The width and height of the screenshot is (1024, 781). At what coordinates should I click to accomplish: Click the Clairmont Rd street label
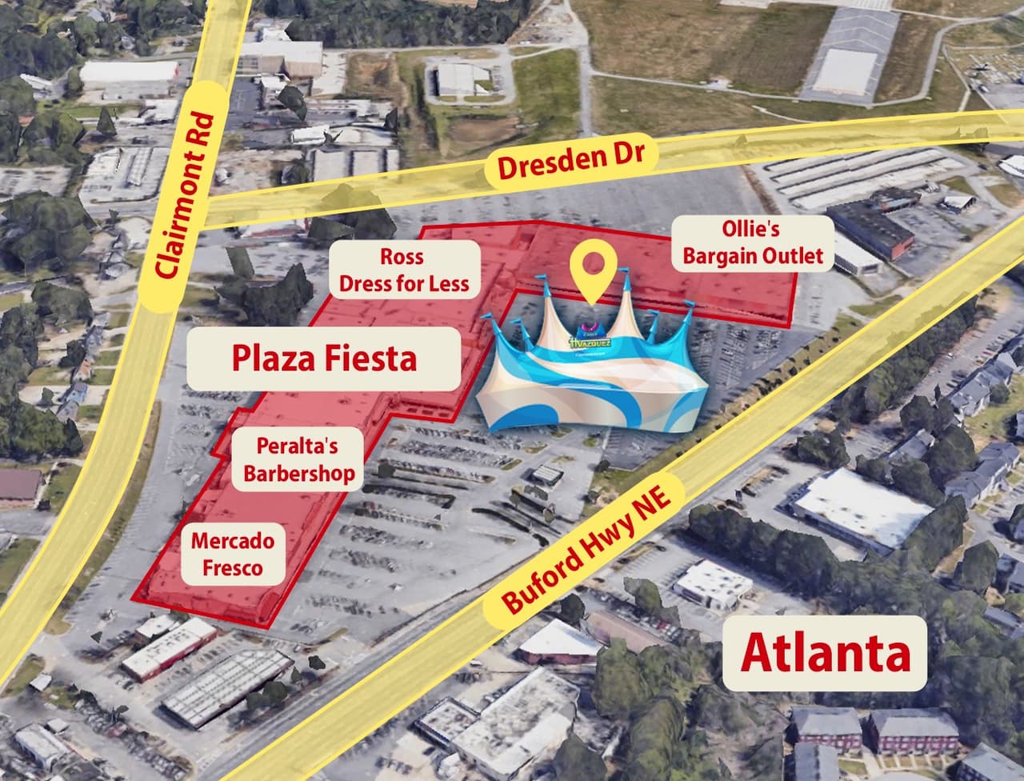186,197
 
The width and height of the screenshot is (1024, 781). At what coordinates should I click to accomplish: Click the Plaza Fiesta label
324,358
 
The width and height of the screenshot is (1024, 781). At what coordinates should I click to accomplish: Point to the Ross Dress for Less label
404,270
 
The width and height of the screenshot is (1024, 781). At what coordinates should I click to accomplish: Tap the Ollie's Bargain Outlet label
751,242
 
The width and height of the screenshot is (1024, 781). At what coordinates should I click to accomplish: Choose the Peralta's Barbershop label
298,459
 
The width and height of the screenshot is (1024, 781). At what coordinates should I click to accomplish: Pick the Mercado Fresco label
232,554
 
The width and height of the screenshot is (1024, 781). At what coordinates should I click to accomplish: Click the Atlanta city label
825,652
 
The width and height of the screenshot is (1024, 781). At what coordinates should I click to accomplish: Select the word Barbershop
298,473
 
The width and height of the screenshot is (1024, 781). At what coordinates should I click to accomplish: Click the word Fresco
232,567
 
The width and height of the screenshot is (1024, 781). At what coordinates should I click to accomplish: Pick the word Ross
402,257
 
